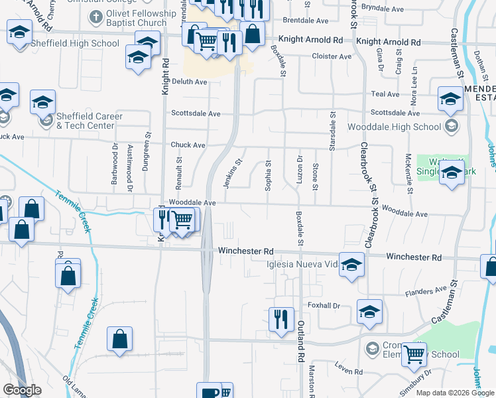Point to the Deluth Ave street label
190,82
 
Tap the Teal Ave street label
385,94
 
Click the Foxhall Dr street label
324,306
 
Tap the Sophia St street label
269,175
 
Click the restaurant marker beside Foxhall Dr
281,319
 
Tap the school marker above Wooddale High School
451,99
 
